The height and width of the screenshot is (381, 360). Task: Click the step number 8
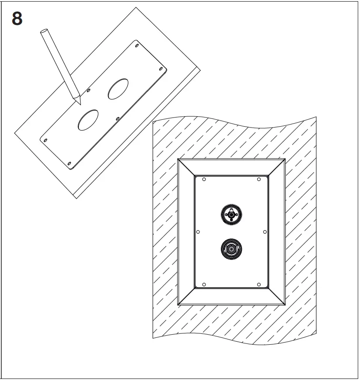coord(16,20)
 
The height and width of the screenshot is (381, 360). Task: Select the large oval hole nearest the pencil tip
coord(87,120)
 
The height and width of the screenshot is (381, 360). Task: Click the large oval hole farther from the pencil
coord(118,89)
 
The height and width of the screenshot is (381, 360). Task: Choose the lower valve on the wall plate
coord(231,249)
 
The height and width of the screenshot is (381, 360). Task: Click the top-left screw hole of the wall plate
coord(204,179)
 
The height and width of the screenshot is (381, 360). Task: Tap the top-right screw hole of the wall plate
coord(259,179)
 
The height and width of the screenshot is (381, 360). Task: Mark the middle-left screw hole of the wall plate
coord(198,232)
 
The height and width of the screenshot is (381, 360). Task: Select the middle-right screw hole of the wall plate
coord(265,232)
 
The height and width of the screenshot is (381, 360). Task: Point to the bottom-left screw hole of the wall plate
coord(204,284)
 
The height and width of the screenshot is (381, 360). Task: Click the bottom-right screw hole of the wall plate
coord(259,284)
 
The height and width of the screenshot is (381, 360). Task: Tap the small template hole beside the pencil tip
coord(89,91)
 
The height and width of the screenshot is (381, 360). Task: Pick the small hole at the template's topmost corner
coord(137,45)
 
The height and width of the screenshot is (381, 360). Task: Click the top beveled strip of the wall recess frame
coord(231,167)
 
